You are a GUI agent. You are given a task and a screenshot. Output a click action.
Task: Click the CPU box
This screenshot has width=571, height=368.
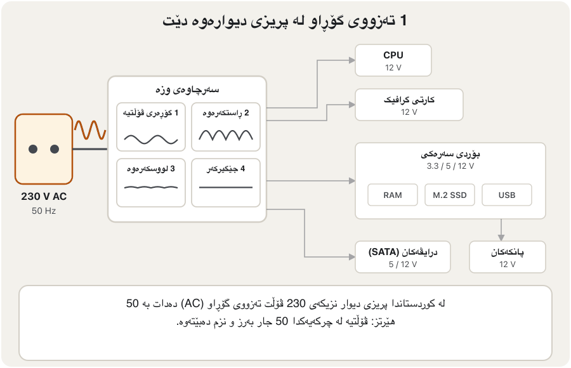point(393,60)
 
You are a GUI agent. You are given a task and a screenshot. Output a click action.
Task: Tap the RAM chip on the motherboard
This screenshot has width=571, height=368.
point(393,195)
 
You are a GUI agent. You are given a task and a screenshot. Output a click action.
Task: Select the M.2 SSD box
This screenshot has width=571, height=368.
point(450,195)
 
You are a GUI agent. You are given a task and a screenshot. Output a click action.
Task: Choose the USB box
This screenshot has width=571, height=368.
point(507,195)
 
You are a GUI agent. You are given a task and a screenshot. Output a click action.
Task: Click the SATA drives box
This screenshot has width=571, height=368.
point(403,257)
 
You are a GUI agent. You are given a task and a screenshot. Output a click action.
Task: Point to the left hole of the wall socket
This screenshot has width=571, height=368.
point(33,149)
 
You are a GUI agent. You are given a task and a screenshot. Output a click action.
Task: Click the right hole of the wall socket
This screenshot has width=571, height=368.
point(55,149)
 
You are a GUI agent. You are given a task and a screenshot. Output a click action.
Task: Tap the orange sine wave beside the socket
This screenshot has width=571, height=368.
point(90,130)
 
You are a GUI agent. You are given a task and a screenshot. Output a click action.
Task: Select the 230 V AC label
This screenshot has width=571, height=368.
point(44,197)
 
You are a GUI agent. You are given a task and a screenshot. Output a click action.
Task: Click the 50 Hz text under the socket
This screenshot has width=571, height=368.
point(44,211)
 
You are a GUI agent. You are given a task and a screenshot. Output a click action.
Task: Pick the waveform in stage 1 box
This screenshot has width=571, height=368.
point(151,140)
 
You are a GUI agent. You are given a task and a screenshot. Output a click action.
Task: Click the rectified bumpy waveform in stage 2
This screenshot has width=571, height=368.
point(226,135)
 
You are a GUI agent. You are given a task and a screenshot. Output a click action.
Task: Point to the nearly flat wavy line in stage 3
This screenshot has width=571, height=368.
point(151,187)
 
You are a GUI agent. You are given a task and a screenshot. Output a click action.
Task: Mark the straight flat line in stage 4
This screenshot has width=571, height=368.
point(226,187)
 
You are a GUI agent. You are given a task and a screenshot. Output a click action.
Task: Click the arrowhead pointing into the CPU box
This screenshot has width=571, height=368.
point(352,60)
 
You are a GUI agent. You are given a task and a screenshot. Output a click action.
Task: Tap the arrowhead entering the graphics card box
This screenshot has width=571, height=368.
point(352,105)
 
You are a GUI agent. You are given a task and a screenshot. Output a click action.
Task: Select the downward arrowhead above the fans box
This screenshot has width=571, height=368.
point(501,238)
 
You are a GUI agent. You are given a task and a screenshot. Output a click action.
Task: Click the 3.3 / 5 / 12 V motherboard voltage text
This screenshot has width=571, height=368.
point(450,166)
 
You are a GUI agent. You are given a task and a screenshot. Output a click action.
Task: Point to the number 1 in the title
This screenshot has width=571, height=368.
point(403,21)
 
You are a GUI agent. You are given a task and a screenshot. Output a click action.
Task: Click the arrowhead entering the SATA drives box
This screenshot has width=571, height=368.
point(352,257)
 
